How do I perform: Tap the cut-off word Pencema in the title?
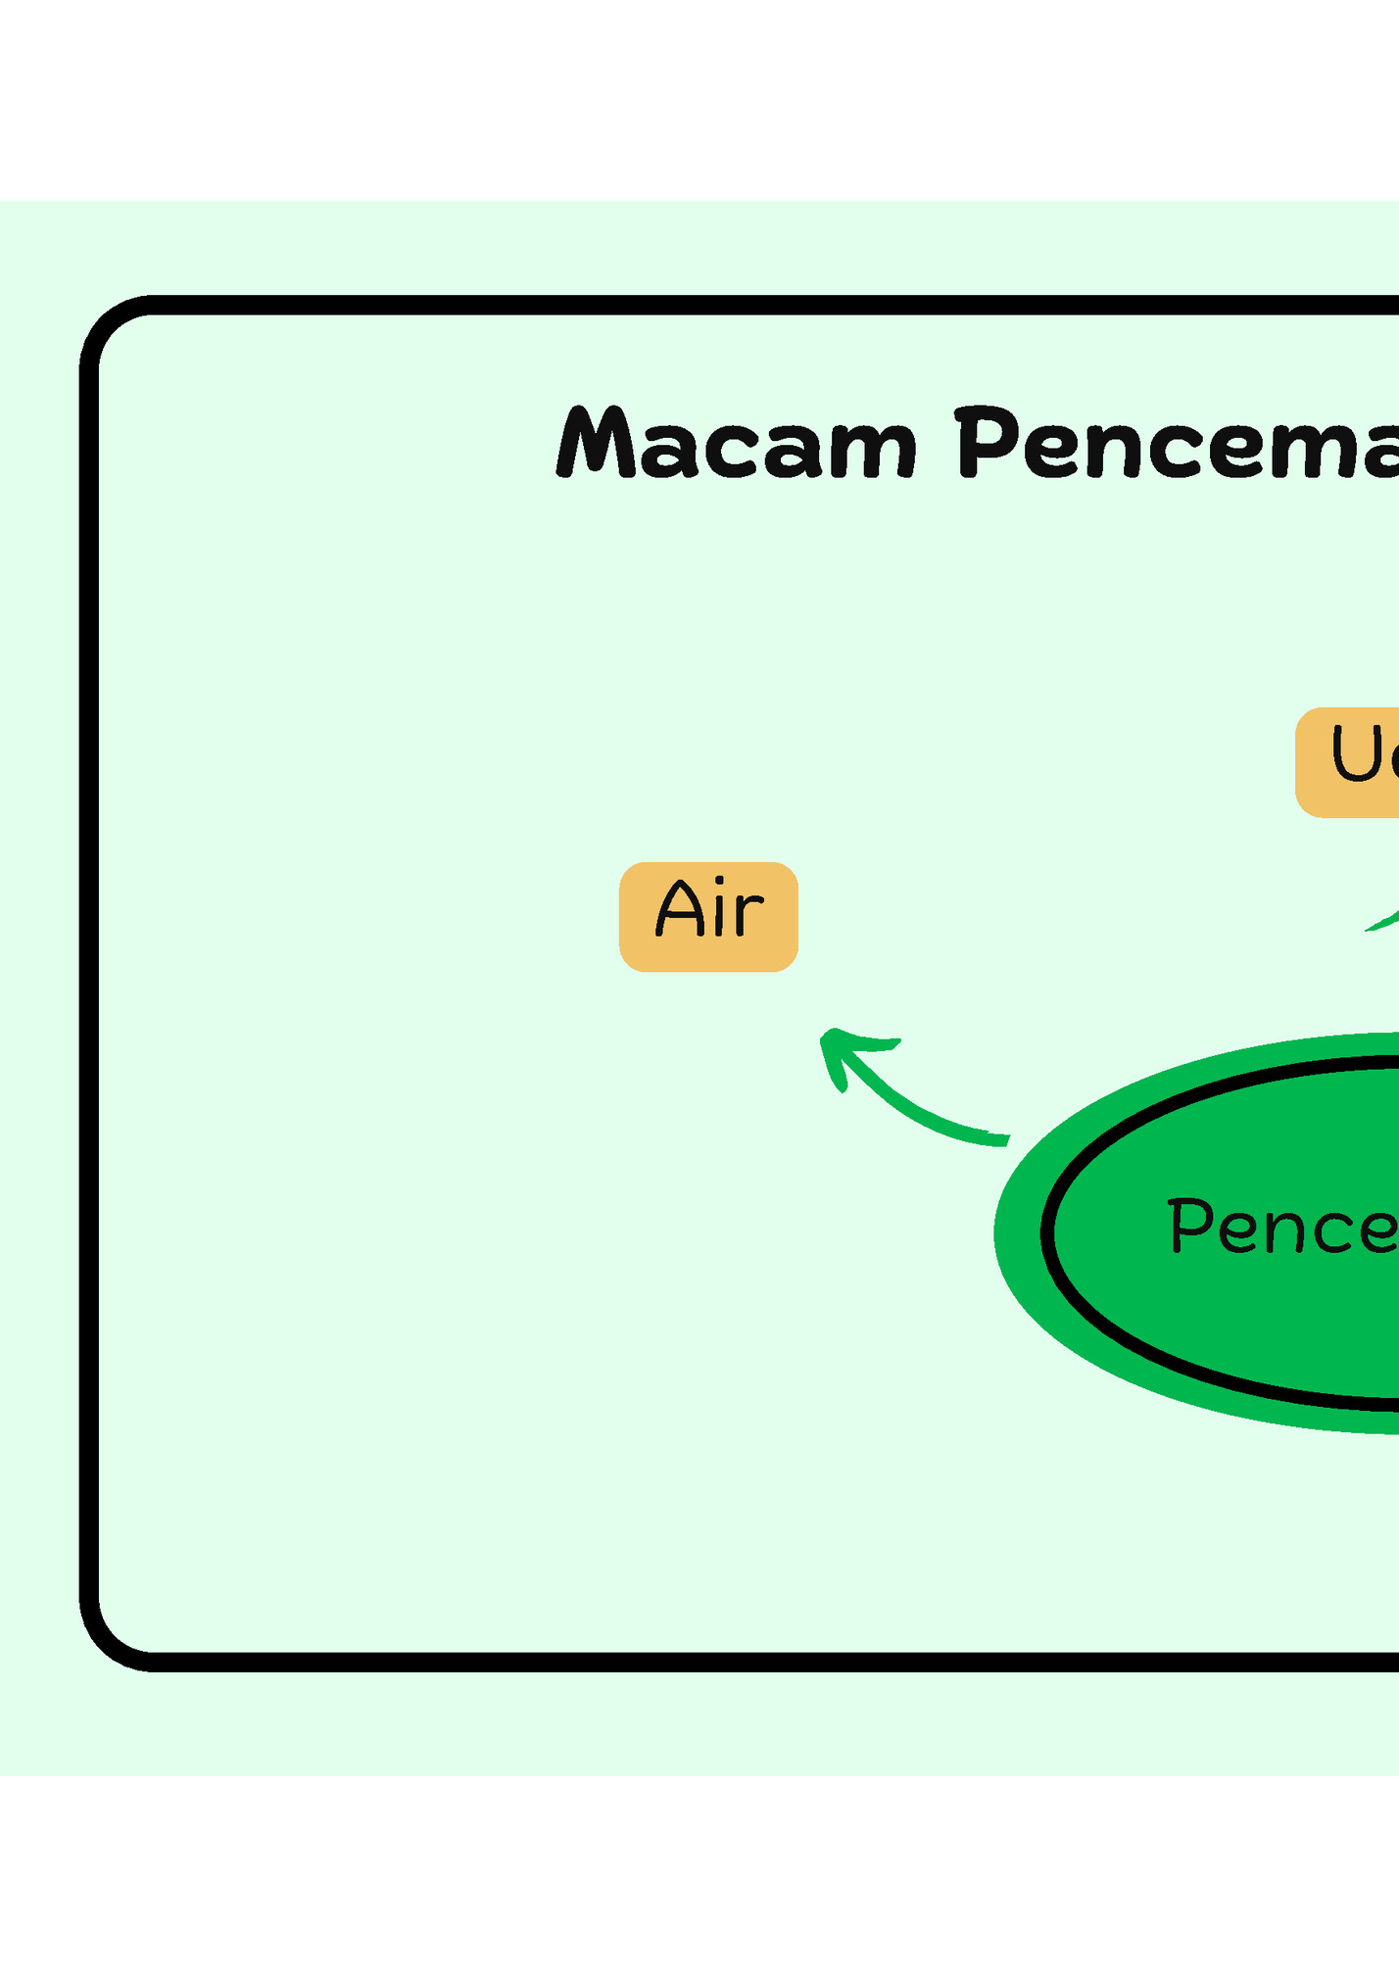[x=1176, y=444]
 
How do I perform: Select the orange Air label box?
[x=708, y=917]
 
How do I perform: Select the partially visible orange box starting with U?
[x=1348, y=762]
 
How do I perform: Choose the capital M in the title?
[x=596, y=444]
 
